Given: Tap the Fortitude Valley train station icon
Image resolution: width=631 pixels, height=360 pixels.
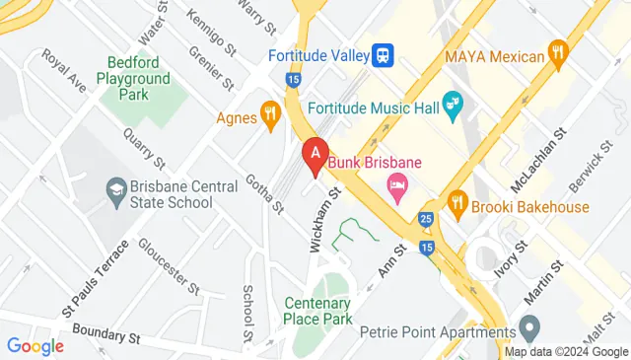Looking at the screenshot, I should [385, 54].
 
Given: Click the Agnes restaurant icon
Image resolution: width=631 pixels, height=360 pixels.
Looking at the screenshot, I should [268, 117].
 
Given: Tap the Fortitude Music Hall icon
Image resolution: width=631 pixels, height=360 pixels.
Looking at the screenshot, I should [454, 104].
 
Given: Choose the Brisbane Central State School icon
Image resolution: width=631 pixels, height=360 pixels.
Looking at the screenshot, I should [117, 187].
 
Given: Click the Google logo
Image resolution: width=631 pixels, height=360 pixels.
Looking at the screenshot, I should [35, 346].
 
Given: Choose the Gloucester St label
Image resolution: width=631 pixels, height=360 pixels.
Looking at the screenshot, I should [169, 264].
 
